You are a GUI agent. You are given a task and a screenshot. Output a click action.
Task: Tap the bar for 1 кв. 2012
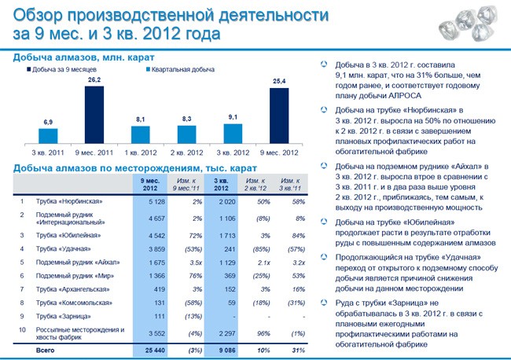pos(140,135)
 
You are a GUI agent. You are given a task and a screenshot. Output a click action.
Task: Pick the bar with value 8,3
pos(186,135)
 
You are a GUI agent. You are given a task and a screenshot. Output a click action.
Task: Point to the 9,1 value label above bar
pos(233,117)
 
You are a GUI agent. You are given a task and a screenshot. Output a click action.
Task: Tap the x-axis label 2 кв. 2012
pos(186,151)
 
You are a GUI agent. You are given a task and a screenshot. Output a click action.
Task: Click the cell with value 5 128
pos(154,201)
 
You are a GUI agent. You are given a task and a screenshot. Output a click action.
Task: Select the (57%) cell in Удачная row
pos(296,248)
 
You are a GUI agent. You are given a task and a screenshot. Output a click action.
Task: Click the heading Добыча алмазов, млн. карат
pos(83,57)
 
